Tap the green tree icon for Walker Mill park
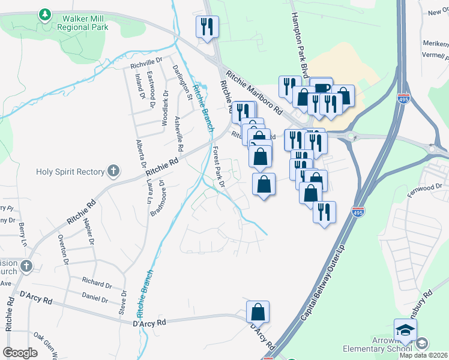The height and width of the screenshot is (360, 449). pos(44,14)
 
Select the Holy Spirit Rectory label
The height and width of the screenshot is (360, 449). pos(70,172)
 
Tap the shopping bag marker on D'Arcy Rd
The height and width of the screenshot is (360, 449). pos(258,312)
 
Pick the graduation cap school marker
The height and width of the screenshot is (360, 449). pos(405,330)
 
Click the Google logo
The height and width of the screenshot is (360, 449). pos(20,353)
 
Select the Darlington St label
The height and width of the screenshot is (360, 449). pos(182,83)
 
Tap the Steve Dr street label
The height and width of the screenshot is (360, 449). pos(123,302)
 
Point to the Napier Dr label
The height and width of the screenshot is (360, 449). pos(92,233)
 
